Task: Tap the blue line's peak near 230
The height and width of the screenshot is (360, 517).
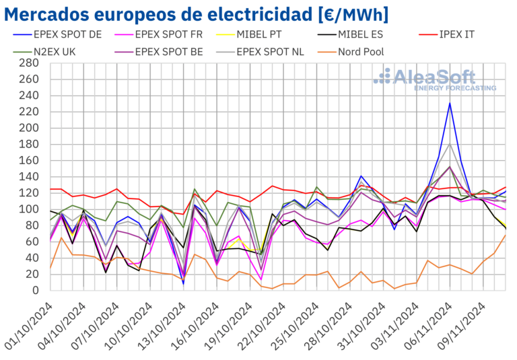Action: [449, 103]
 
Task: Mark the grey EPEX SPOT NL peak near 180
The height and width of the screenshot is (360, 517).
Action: [449, 143]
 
